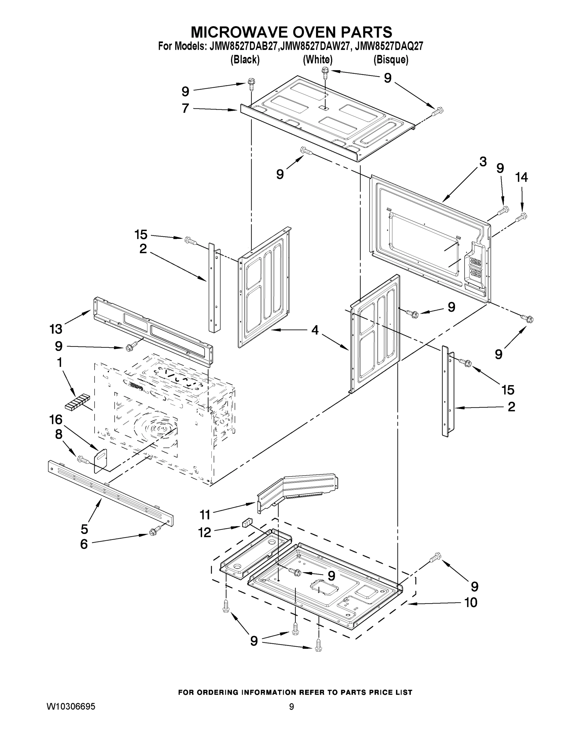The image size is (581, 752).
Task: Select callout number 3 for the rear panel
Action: tap(483, 161)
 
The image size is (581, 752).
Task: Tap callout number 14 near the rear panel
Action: tap(521, 178)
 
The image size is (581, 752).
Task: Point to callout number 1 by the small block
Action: tap(59, 363)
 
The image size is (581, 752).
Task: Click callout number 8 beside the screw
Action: tap(59, 435)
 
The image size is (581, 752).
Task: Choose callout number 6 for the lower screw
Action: tap(84, 544)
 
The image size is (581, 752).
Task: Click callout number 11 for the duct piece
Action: tap(205, 515)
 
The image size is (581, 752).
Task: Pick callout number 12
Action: tap(205, 533)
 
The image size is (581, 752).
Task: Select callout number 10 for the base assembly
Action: tap(470, 603)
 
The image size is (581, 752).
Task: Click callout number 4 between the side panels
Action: tap(314, 330)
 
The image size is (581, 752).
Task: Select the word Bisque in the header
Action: tap(391, 60)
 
